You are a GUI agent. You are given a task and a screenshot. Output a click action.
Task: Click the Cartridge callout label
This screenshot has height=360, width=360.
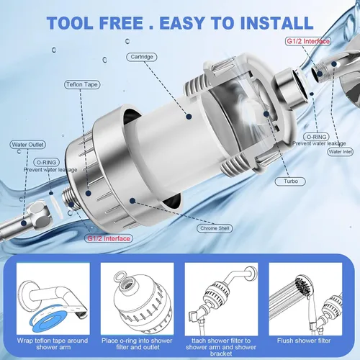142,57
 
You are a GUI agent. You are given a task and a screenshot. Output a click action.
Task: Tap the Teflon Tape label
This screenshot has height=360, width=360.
82,84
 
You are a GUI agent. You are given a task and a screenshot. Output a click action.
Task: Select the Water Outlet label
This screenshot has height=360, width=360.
27,145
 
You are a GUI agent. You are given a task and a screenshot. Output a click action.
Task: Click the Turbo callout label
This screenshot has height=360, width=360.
290,181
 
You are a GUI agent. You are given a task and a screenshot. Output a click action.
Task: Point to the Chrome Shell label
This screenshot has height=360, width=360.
215,228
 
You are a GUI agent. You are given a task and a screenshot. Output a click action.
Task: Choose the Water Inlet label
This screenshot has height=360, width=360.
341,152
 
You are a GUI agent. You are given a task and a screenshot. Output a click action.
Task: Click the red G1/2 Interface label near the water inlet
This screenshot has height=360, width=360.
308,41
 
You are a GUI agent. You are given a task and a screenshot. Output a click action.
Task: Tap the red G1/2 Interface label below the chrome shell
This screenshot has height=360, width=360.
109,238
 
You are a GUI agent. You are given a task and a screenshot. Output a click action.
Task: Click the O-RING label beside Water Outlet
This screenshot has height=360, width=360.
46,162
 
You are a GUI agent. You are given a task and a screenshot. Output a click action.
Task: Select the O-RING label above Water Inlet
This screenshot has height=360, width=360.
317,137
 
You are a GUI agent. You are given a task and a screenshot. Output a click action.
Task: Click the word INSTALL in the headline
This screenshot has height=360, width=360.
276,23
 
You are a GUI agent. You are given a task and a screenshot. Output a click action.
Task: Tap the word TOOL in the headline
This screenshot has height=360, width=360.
70,23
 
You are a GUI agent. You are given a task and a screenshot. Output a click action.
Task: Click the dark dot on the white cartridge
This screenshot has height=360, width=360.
189,117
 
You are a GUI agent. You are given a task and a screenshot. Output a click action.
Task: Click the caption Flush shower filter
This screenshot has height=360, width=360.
304,341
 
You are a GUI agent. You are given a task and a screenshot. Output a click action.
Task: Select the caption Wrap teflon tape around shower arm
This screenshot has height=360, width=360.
53,343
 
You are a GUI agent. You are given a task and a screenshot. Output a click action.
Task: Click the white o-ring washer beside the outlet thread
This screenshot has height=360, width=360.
57,207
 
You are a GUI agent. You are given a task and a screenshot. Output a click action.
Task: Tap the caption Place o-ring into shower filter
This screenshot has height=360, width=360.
137,343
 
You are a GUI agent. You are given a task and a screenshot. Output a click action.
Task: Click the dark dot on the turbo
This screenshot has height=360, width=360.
266,114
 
